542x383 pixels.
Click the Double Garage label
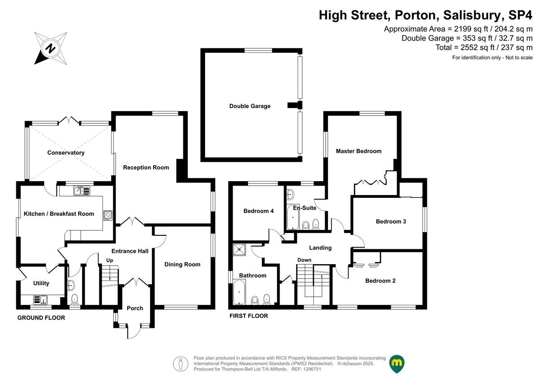coord(250,106)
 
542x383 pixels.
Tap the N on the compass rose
coord(51,48)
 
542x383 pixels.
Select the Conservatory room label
coord(66,153)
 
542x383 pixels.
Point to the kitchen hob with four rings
coord(108,215)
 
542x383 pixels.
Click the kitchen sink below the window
coord(82,191)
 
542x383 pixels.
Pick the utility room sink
coord(40,300)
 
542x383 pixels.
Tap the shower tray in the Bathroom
coord(239,250)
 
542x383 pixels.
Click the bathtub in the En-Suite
coord(293,217)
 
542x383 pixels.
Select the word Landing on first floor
coord(320,248)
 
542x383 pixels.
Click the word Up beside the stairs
coord(110,260)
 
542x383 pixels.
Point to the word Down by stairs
coord(304,260)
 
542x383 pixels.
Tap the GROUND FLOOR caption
coord(41,318)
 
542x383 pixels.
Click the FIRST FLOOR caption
coord(249,316)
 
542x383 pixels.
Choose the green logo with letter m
coord(397,363)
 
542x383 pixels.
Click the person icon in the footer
coord(181,364)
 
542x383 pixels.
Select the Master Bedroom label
coord(359,151)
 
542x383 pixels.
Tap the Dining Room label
coord(182,265)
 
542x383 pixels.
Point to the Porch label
coord(135,308)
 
